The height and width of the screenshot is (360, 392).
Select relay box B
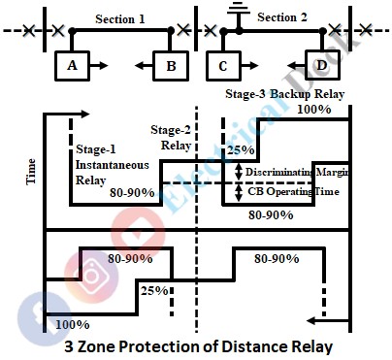(170, 66)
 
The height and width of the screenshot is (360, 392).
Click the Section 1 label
(120, 17)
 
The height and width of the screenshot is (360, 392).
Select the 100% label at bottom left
(70, 324)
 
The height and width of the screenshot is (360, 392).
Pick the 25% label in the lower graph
(153, 289)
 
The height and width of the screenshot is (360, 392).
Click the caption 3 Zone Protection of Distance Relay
(199, 345)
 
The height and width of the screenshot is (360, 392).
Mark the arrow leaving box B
(144, 66)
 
